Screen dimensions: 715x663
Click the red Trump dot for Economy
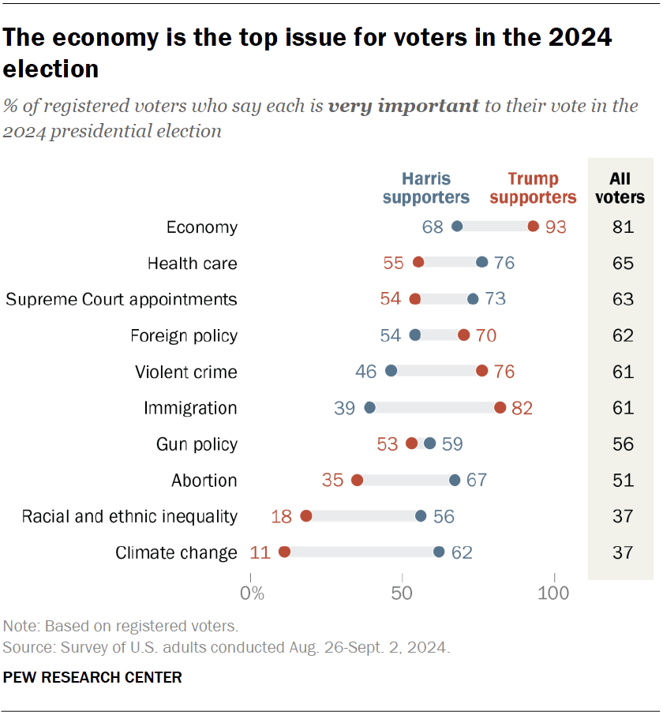click(x=534, y=227)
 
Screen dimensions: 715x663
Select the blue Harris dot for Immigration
click(x=369, y=408)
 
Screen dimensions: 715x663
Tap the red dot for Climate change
click(x=284, y=552)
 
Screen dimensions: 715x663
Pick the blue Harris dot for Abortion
click(x=455, y=480)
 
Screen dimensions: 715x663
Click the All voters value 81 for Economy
click(x=623, y=227)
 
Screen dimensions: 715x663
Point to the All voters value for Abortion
click(x=623, y=480)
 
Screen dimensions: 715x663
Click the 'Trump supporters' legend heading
click(x=533, y=188)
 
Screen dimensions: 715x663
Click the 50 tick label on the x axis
click(x=403, y=593)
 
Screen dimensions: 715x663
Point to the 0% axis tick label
click(x=252, y=593)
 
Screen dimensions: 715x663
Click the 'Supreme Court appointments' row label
click(x=122, y=299)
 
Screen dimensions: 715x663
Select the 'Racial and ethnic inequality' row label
click(x=129, y=516)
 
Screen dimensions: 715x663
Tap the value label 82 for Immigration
click(x=523, y=408)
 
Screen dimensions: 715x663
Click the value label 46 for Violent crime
click(x=365, y=372)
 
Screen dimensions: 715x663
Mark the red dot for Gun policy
click(x=411, y=444)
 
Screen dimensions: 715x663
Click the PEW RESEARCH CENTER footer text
click(x=93, y=677)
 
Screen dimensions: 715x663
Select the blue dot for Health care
click(x=482, y=263)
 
